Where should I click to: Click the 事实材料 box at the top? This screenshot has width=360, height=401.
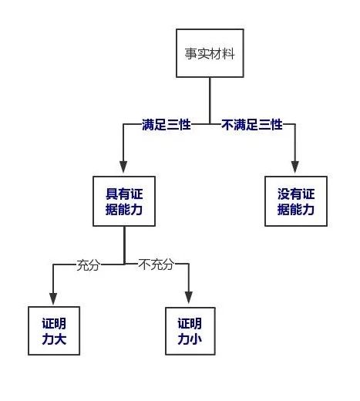210,53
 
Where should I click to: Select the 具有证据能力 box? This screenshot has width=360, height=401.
124,201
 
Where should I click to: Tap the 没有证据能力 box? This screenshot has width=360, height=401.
296,201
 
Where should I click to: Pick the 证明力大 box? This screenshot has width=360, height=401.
54,331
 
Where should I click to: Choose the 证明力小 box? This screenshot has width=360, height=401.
190,331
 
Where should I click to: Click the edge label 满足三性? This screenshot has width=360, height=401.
167,125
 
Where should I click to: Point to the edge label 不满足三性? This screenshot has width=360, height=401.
252,125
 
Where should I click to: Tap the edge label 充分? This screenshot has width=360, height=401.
89,265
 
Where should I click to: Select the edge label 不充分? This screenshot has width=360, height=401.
156,265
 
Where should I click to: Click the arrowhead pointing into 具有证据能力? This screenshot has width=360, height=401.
123,167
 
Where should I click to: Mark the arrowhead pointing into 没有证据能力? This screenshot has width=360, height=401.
295,167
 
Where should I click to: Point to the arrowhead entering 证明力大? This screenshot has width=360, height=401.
53,298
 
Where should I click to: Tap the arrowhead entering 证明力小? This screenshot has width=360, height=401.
189,298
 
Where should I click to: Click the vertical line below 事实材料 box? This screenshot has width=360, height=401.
210,101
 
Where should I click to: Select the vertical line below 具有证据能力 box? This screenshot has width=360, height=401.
125,245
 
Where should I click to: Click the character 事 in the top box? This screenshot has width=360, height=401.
190,54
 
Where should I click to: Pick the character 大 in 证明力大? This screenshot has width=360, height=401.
60,339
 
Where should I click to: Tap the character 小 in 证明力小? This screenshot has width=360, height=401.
196,339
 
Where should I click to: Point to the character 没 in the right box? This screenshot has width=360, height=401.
284,194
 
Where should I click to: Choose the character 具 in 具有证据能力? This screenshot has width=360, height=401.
112,194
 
